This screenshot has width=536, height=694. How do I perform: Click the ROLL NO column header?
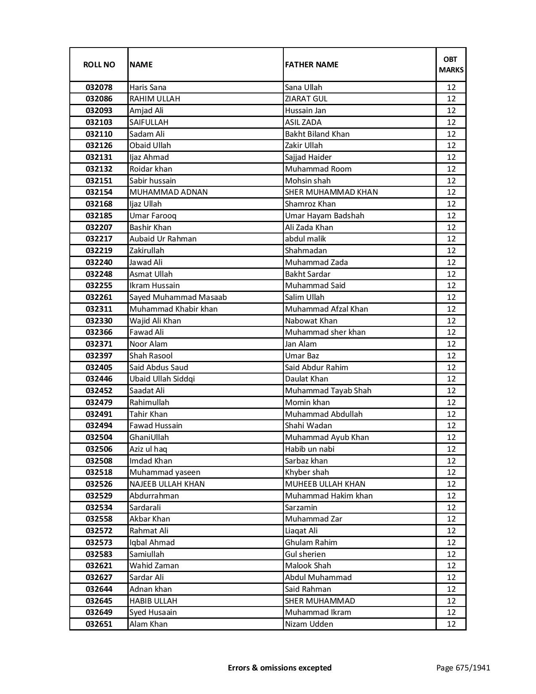(99, 64)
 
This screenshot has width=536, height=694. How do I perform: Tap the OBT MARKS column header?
(451, 64)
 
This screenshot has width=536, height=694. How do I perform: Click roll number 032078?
(99, 87)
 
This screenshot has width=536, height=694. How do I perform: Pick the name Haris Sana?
(148, 87)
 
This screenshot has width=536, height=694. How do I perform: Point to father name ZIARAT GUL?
(306, 99)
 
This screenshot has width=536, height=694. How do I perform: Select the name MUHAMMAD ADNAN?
(169, 192)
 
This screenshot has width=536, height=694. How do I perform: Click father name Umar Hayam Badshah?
(325, 216)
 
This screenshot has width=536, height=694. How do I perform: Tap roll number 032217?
(99, 239)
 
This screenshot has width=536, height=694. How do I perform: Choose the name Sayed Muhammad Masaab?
(178, 297)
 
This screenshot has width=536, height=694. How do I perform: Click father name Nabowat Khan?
(311, 321)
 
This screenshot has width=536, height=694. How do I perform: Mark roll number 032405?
(99, 368)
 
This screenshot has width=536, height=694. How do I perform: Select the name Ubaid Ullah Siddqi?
(162, 379)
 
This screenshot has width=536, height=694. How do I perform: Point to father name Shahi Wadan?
(308, 426)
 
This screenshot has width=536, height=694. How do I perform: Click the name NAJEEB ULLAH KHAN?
(167, 484)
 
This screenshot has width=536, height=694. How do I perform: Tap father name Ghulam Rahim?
(311, 543)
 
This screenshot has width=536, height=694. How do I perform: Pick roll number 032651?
(99, 624)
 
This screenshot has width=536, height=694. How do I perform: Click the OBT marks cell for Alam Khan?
(451, 624)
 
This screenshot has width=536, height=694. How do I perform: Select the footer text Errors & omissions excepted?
(280, 668)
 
